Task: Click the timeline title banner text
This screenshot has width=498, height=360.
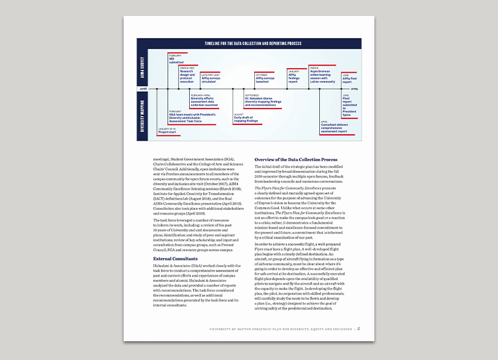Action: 248,44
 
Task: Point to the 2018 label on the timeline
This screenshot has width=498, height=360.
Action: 144,89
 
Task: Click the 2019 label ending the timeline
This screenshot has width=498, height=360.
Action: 354,89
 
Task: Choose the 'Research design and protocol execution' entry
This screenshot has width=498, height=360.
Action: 187,75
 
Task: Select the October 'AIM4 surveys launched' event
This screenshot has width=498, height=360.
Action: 265,78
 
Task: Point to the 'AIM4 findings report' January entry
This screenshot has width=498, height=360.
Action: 294,77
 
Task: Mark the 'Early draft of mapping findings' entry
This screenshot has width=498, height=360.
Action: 245,118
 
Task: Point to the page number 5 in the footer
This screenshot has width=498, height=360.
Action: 358,329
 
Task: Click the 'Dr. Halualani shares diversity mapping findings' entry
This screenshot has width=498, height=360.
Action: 263,100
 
